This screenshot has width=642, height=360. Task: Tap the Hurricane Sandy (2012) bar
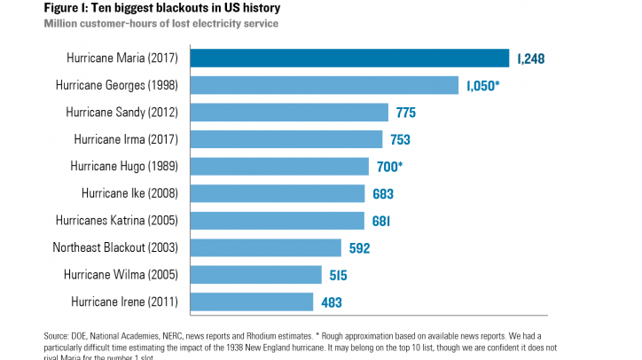pos(290,113)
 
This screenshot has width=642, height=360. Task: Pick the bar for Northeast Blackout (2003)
pos(266,247)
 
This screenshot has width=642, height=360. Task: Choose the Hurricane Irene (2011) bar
pos(252,301)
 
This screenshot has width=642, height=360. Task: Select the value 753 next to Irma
pos(400,140)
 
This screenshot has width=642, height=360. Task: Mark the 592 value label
pos(358,248)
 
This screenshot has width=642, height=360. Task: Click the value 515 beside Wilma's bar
pos(338,275)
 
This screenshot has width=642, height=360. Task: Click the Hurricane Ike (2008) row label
pos(129,193)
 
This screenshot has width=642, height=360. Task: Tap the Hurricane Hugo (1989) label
pos(124,167)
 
